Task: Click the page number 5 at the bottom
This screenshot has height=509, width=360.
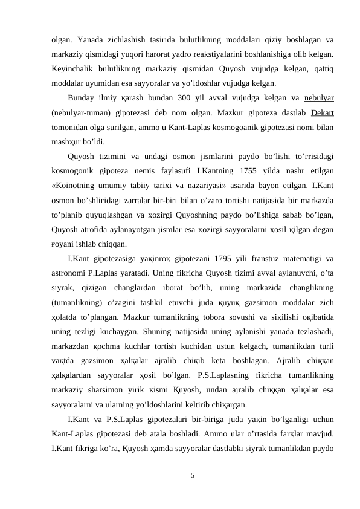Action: (x=192, y=475)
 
